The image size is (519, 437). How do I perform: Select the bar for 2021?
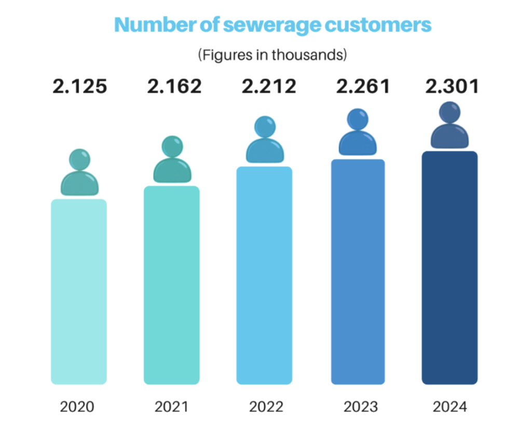coord(171,285)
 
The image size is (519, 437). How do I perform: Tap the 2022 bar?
coord(264,276)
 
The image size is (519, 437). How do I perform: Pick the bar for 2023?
coord(358,272)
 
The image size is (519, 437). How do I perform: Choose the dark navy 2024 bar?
coord(449,268)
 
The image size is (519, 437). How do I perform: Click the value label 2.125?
coord(79,87)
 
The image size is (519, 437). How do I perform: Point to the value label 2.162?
coord(174,87)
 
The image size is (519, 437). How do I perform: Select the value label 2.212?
coord(269,87)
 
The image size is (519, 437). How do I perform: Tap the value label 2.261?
coord(363,87)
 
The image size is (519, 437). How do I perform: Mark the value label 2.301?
coord(452,87)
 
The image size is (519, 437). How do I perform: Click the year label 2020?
coord(77,406)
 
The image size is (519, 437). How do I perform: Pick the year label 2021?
coord(172,406)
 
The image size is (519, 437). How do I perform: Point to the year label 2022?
coord(266,406)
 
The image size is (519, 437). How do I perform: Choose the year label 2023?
coord(360,406)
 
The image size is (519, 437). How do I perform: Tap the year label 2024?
coord(449,406)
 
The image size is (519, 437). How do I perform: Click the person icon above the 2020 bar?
coord(79,174)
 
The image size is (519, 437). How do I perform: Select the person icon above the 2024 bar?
coord(449,126)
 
